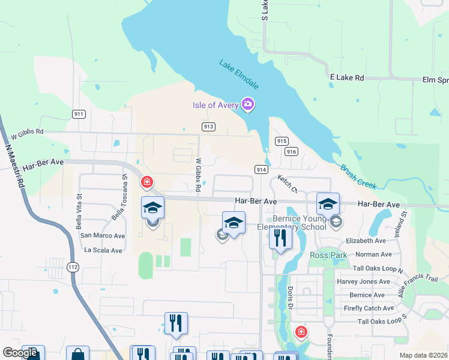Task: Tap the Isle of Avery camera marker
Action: [247, 105]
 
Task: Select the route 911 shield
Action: [78, 114]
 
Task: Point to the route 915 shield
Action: [282, 140]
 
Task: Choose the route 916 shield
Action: [292, 152]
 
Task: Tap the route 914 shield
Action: [261, 170]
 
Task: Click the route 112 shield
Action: [73, 267]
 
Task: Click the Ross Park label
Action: [328, 255]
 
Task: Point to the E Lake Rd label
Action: [347, 78]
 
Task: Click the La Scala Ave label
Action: [103, 250]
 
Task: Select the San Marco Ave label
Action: [103, 236]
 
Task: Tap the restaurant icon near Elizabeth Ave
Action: [280, 238]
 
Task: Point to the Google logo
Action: [20, 353]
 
